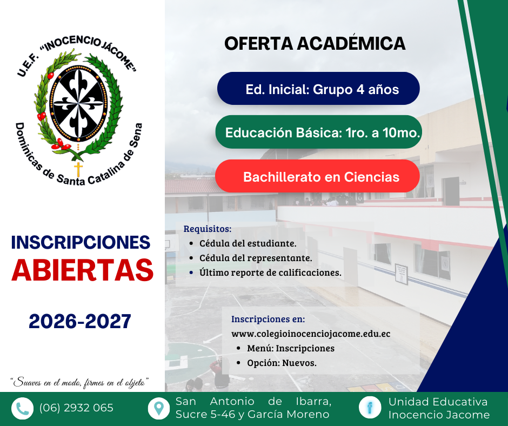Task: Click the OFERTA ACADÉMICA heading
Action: coord(315,44)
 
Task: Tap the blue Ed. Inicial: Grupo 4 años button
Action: coord(318,89)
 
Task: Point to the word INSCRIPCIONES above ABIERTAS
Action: coord(81,242)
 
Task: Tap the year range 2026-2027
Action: coord(80,322)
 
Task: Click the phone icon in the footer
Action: coord(22,408)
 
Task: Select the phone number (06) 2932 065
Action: coord(76,408)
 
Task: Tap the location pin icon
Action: coord(158,408)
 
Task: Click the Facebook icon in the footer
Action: coord(370,408)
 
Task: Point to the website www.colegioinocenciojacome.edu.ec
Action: coord(311,334)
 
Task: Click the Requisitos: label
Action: coord(208,229)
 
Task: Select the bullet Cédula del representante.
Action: coord(255,258)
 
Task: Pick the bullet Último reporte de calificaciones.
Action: coord(270,272)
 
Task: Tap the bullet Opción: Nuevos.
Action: coord(282,363)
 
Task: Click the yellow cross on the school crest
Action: coord(79,169)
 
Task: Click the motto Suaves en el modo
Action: coord(80,382)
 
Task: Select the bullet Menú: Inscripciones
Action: coord(290,348)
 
